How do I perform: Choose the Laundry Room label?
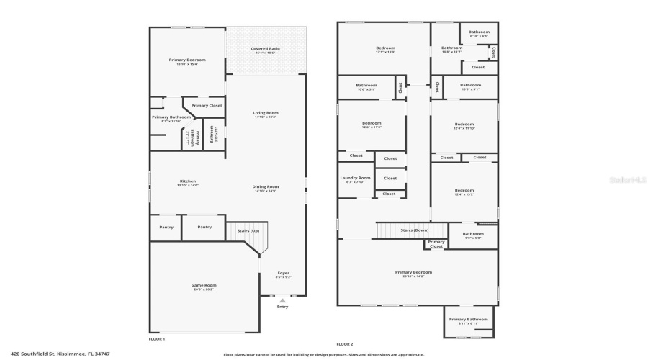click(x=356, y=179)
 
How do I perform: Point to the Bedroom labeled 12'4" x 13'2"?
click(x=464, y=192)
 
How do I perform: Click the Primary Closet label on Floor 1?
click(x=207, y=106)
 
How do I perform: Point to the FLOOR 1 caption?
click(x=156, y=338)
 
